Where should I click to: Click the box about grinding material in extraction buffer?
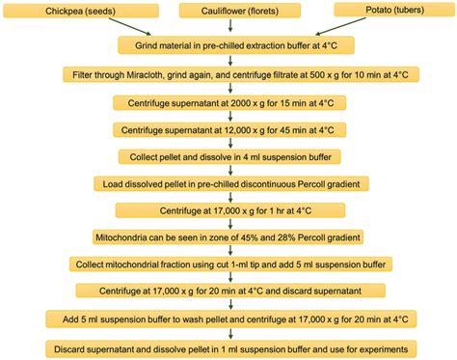coord(228,45)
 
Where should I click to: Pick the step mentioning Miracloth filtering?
coord(228,74)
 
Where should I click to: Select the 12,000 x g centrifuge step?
coord(228,128)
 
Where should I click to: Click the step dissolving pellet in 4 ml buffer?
coord(228,155)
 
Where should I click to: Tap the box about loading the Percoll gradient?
coord(228,182)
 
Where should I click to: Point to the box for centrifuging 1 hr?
coord(228,209)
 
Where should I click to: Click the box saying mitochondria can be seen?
coord(228,236)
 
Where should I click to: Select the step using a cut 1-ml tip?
coord(228,263)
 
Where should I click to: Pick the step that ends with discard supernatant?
coord(228,291)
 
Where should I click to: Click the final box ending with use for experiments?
coord(228,347)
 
